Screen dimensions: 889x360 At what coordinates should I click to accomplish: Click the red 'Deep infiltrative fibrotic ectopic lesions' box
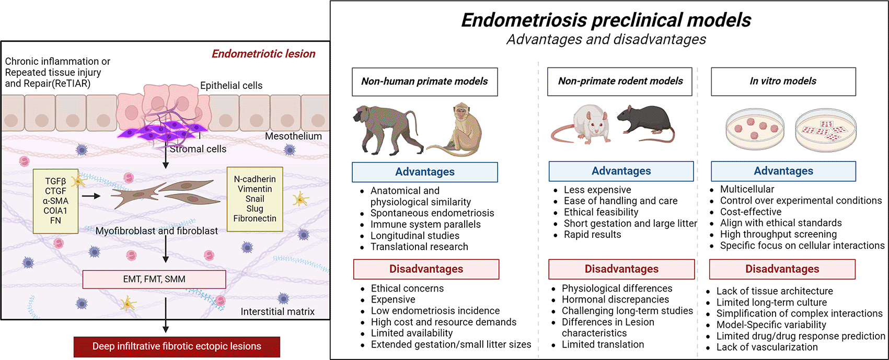[x=177, y=346]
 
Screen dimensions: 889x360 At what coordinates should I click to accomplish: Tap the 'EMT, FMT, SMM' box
[x=154, y=279]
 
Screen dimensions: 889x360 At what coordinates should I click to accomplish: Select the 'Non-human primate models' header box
[x=425, y=82]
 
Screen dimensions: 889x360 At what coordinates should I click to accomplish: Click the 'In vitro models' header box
[x=783, y=82]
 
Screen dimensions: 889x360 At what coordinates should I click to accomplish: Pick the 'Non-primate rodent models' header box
[x=620, y=82]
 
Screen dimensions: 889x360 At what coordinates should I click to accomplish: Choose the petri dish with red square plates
[x=826, y=131]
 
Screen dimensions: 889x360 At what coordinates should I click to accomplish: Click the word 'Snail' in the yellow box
[x=255, y=199]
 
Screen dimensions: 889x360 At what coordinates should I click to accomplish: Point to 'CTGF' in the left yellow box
[x=55, y=191]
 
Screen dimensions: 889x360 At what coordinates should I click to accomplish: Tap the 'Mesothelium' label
[x=293, y=136]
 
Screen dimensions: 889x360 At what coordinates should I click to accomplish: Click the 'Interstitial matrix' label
[x=278, y=311]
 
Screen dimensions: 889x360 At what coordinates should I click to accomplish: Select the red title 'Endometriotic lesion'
[x=263, y=54]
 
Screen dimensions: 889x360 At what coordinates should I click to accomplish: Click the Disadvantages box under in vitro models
[x=782, y=269]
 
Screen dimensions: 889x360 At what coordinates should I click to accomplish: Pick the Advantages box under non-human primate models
[x=425, y=172]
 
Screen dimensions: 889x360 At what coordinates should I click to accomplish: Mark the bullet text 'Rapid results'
[x=592, y=235]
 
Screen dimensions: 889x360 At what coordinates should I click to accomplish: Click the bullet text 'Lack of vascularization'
[x=767, y=347]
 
